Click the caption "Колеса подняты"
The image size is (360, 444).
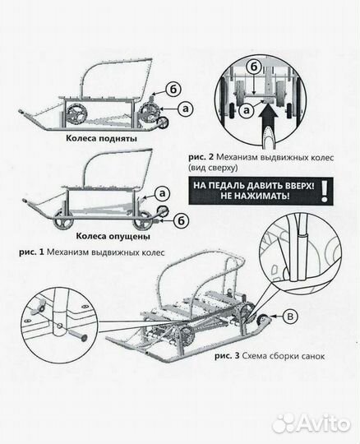102,139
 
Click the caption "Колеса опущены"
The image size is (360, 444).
113,236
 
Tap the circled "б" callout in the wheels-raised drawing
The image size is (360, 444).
173,90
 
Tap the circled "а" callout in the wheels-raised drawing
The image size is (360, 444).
186,109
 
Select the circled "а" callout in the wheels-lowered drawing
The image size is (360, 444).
162,194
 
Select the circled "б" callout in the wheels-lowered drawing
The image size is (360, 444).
181,221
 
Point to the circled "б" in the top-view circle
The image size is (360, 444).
254,67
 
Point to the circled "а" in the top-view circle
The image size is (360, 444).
247,110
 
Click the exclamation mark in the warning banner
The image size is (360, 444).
325,192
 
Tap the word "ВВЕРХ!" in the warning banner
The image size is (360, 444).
298,186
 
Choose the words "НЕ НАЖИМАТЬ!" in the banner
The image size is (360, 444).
255,196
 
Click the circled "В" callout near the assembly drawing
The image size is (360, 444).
290,317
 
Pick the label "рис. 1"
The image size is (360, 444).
31,252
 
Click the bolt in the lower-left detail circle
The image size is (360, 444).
76,334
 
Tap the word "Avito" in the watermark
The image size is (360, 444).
324,423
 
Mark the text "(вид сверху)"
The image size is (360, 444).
213,168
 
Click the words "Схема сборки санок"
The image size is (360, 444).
284,356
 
